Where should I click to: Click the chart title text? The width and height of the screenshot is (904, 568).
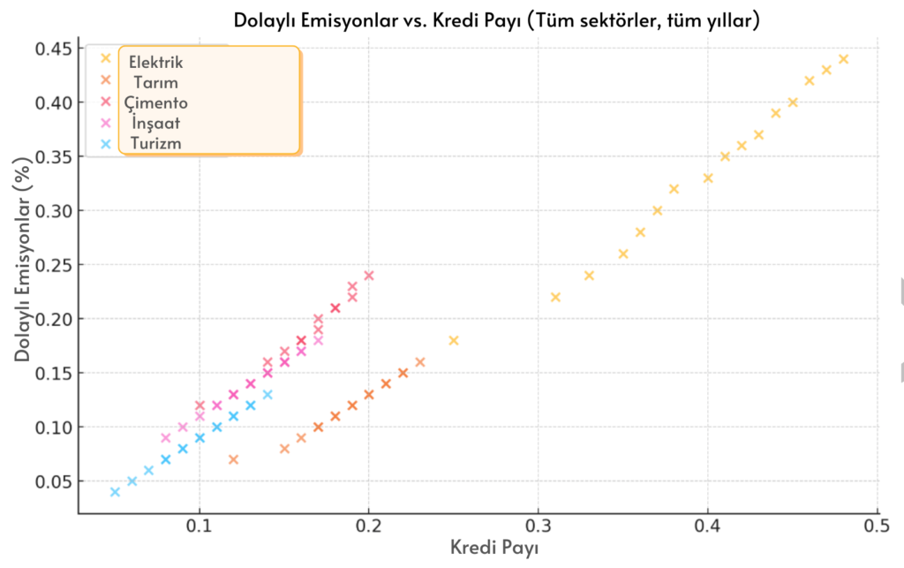(x=496, y=19)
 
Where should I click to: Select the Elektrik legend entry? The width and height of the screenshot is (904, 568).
(x=156, y=63)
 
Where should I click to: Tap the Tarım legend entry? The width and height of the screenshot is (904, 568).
(x=156, y=83)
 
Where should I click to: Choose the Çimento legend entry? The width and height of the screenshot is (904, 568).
(x=156, y=102)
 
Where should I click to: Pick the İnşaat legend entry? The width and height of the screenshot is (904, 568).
(x=156, y=123)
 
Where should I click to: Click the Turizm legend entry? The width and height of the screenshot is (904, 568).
(x=156, y=143)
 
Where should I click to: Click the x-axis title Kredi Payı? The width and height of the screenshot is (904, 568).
(x=493, y=547)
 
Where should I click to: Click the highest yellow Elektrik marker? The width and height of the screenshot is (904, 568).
(x=843, y=59)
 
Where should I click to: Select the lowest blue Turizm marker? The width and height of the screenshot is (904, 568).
(x=115, y=492)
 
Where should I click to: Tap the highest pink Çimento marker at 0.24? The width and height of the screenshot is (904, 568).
(x=369, y=276)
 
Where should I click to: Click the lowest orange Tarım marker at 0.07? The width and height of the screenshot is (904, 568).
(x=233, y=459)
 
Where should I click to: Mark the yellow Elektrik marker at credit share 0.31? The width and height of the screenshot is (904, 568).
(x=555, y=297)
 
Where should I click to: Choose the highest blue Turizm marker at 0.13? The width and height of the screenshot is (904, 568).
(x=267, y=395)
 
